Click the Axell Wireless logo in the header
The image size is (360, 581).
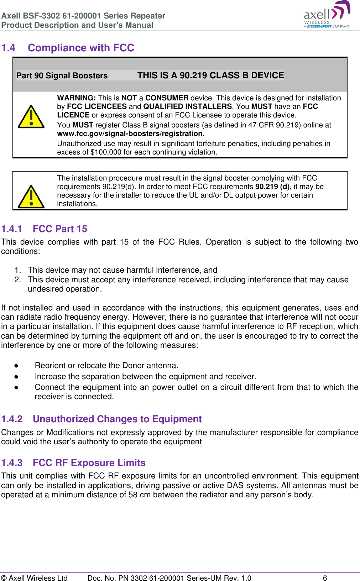point(327,15)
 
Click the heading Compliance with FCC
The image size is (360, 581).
point(81,48)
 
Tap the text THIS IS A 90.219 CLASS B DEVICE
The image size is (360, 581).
point(210,75)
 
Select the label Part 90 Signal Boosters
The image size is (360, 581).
point(62,75)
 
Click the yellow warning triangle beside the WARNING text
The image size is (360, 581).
point(31,117)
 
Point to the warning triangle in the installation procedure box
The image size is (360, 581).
point(31,197)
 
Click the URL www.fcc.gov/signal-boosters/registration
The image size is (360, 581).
point(130,134)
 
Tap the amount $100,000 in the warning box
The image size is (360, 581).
point(106,152)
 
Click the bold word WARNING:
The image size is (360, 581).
point(76,98)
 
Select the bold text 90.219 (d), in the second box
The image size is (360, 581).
point(273,187)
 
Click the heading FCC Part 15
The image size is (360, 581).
point(60,229)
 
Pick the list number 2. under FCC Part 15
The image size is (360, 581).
point(18,279)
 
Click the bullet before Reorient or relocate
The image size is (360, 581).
point(16,366)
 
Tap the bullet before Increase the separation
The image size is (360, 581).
point(16,377)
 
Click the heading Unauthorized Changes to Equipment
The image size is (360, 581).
point(117,419)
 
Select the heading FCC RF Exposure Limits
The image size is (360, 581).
point(89,463)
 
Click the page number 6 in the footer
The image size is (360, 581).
point(325,578)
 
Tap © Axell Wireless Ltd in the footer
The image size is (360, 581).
point(34,578)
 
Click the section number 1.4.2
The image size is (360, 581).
point(12,419)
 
